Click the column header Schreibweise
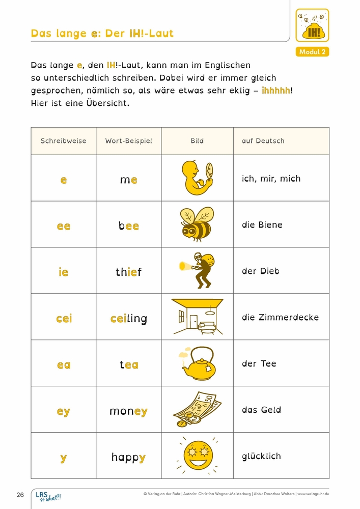[63, 141]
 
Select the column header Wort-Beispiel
[128, 141]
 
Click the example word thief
[128, 272]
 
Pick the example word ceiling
[128, 319]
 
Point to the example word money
[128, 411]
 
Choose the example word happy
[128, 458]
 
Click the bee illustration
[197, 224]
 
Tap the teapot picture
[197, 363]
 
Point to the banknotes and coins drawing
[197, 409]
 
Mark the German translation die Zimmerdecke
[280, 318]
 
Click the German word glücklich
[261, 456]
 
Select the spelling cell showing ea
[64, 365]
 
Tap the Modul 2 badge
[312, 52]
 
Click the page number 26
[20, 495]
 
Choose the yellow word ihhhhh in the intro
[276, 91]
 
